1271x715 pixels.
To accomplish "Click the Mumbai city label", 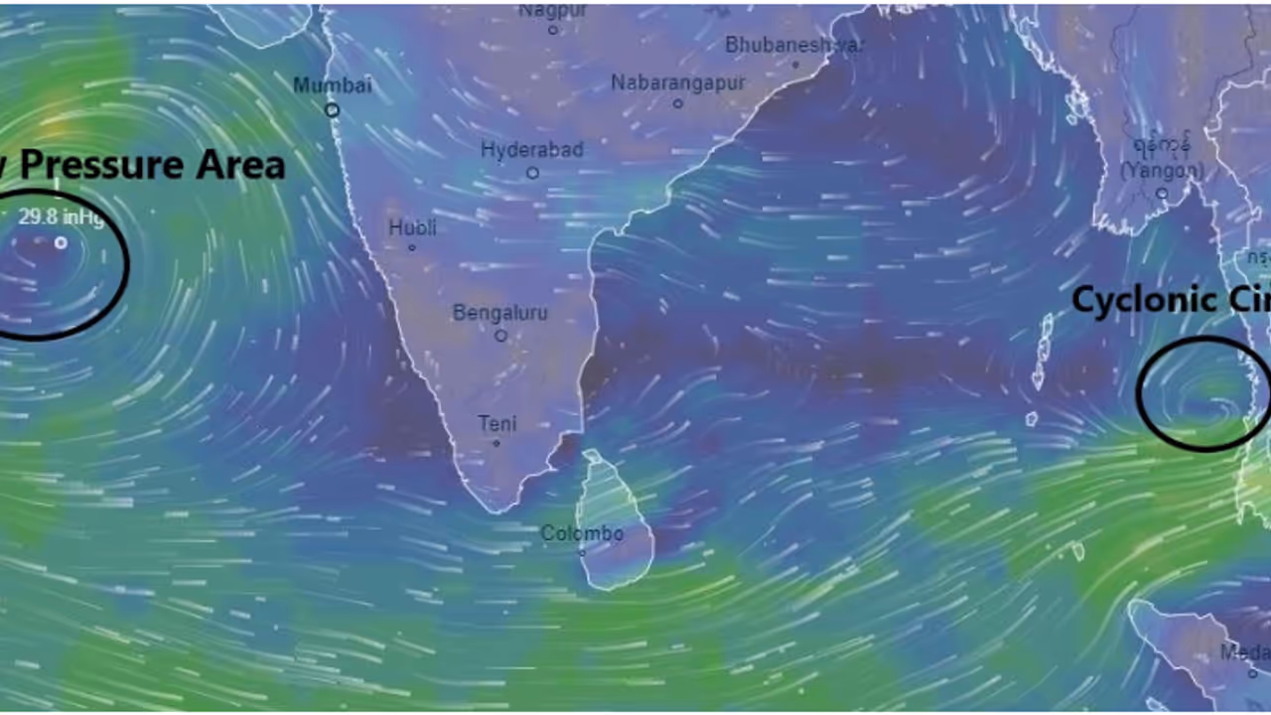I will [332, 85].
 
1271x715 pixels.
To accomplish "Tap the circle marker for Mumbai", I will [333, 110].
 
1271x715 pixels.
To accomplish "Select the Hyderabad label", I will [532, 150].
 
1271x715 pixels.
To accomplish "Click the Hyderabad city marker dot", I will [532, 173].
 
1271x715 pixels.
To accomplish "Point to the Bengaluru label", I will [499, 313].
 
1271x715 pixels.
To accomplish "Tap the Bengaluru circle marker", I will [500, 336].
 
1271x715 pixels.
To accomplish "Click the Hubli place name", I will [412, 228].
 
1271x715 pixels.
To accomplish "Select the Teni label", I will [497, 424].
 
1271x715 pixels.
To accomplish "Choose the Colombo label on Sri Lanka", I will [582, 534].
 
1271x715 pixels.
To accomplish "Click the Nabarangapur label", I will [677, 83].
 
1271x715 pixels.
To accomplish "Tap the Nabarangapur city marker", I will [678, 103].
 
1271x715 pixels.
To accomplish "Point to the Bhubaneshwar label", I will [794, 45].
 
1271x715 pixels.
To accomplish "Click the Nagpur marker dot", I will [553, 30].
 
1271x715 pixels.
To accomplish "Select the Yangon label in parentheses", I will [1162, 172].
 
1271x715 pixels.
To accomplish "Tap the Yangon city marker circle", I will [1162, 193].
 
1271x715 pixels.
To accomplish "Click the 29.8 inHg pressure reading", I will [60, 217].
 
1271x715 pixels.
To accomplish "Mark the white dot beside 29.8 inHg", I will [61, 242].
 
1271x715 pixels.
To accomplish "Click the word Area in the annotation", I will [240, 164].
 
